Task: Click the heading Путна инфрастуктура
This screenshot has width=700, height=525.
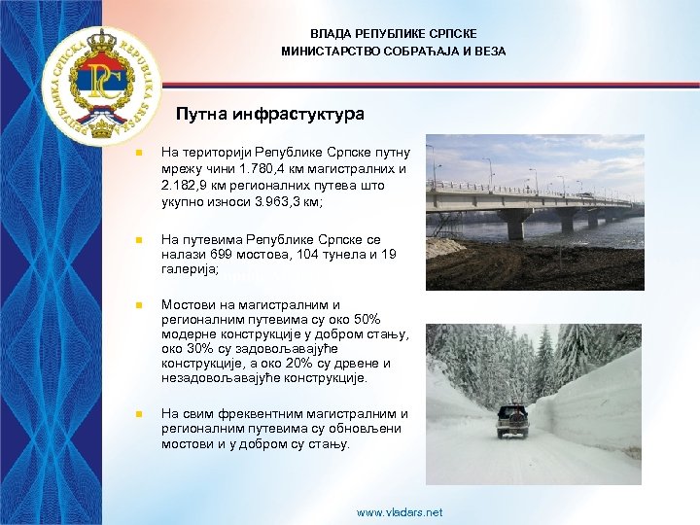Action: pos(269,115)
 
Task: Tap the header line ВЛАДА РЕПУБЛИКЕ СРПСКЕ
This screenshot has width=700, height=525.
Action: pos(393,32)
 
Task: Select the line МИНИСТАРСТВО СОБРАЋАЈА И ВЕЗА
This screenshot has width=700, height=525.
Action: pos(393,51)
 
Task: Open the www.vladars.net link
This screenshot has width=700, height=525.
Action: pos(399,511)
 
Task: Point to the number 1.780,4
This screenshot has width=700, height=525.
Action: pos(242,169)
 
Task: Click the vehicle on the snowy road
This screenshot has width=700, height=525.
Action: pos(512,421)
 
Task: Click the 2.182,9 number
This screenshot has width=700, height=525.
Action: pos(185,186)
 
